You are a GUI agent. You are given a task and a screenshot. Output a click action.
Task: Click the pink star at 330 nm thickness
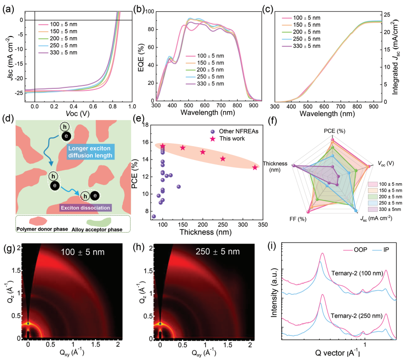pos(255,167)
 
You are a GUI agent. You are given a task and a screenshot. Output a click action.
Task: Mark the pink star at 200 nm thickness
pos(203,152)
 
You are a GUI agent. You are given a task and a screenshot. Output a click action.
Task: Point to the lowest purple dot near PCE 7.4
pos(154,216)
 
